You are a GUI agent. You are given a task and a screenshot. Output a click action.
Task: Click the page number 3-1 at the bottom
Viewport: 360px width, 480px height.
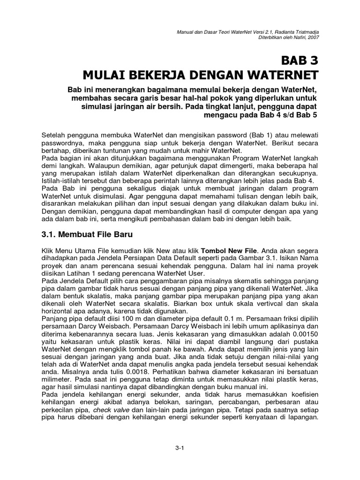(x=180, y=448)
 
